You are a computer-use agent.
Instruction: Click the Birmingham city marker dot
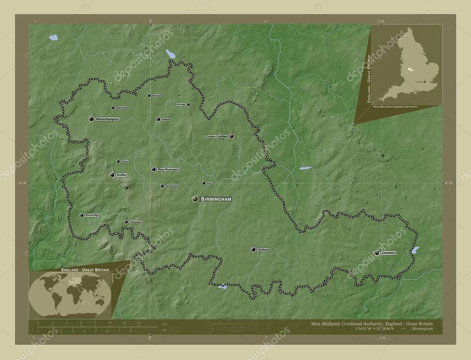195,199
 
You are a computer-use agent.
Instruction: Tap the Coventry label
389,253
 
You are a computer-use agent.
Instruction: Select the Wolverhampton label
108,119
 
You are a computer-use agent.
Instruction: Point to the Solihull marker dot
253,249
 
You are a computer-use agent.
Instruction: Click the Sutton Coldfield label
217,137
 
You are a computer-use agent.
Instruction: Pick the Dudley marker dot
112,175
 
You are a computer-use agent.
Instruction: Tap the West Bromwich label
168,170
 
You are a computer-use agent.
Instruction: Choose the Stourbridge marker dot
82,215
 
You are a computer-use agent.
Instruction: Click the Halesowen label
136,222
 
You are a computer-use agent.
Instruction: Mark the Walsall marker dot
158,119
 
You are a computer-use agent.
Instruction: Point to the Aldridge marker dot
188,104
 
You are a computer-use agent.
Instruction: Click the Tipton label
125,162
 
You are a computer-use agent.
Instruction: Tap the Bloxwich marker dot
149,96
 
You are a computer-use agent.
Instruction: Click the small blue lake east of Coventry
415,250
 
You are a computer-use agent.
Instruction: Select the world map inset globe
69,294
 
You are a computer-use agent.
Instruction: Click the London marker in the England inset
424,82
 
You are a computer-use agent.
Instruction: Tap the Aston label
210,183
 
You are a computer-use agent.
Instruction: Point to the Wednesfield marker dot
113,108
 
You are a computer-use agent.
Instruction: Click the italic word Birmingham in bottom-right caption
423,330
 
